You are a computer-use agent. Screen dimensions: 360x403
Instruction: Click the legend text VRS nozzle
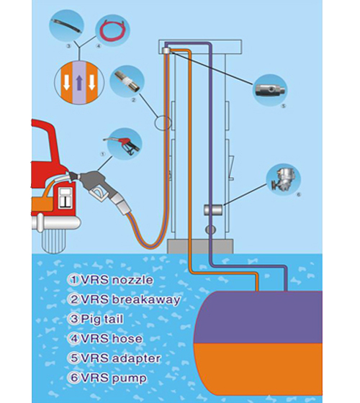click(x=117, y=280)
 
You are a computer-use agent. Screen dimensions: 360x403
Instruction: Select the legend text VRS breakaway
click(x=130, y=299)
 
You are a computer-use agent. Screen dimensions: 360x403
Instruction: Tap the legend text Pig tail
click(x=102, y=320)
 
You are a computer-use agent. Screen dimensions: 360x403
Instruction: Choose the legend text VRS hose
click(x=112, y=338)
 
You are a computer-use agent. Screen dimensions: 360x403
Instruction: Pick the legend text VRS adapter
click(x=121, y=358)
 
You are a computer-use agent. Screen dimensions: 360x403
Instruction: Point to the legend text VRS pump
click(x=114, y=379)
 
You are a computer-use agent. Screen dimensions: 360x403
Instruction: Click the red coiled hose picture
click(x=112, y=30)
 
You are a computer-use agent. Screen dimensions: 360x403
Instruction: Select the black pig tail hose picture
click(x=66, y=26)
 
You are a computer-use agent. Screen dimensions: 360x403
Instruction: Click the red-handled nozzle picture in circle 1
click(x=123, y=145)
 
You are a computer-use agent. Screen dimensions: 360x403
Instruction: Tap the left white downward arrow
click(x=66, y=82)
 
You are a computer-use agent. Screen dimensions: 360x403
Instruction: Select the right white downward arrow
click(x=92, y=82)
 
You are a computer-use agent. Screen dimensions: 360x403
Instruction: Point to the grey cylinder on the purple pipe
click(x=213, y=210)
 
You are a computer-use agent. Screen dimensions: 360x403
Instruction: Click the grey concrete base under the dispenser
click(x=200, y=246)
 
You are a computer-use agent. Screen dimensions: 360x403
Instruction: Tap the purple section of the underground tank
click(x=258, y=317)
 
